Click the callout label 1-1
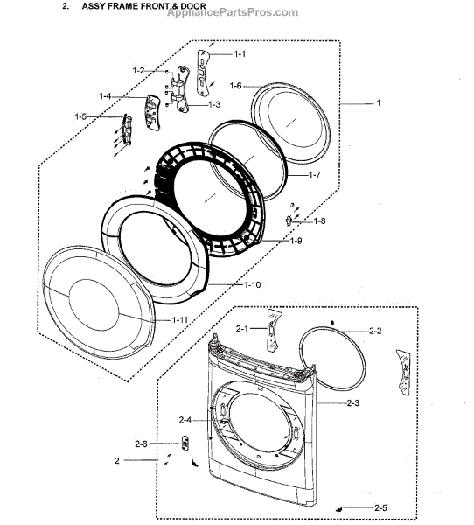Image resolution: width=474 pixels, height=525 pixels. point(240,54)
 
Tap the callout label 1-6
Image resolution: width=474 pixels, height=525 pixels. point(235,86)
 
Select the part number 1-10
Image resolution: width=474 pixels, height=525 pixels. point(253,285)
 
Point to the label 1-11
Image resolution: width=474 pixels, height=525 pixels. point(180,320)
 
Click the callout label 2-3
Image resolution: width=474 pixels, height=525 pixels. point(352,403)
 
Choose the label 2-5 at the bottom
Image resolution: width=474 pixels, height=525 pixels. point(380,508)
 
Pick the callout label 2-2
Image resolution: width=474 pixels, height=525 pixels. point(375,331)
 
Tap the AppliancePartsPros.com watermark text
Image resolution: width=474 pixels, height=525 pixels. point(233,13)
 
